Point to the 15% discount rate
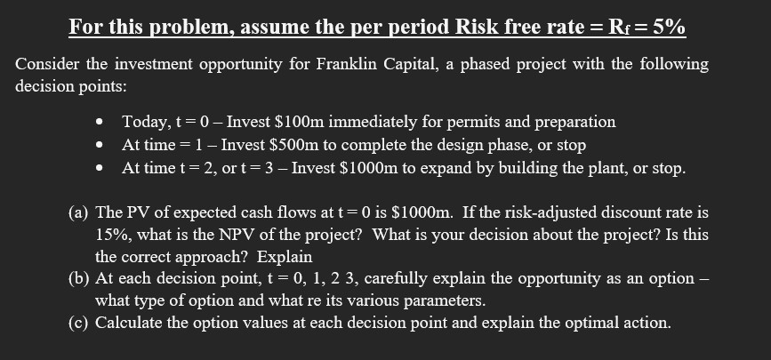tap(112, 235)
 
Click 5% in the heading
tap(669, 27)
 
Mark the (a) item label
tap(79, 212)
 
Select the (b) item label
tap(79, 278)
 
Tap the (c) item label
tap(79, 322)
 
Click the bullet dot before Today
tap(105, 122)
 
